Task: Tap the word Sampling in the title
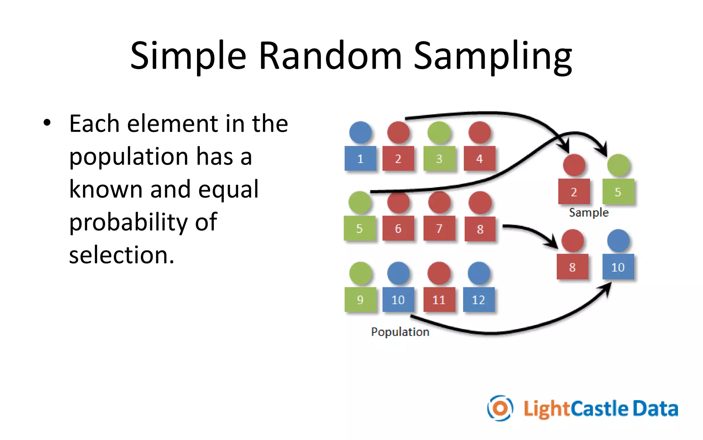pyautogui.click(x=493, y=56)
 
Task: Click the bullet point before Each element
pyautogui.click(x=47, y=123)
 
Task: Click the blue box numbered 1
pyautogui.click(x=360, y=158)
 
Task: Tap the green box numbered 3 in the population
pyautogui.click(x=439, y=158)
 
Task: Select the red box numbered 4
pyautogui.click(x=479, y=158)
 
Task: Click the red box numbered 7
pyautogui.click(x=439, y=228)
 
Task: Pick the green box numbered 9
pyautogui.click(x=360, y=299)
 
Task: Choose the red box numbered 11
pyautogui.click(x=439, y=299)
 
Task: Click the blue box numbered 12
pyautogui.click(x=479, y=299)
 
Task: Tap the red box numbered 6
pyautogui.click(x=398, y=228)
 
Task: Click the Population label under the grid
pyautogui.click(x=400, y=332)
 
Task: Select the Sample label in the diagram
pyautogui.click(x=588, y=212)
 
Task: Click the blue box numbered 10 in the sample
pyautogui.click(x=618, y=267)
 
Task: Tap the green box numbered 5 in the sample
pyautogui.click(x=618, y=191)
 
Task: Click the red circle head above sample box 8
pyautogui.click(x=573, y=241)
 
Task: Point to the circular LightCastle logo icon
pyautogui.click(x=500, y=408)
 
